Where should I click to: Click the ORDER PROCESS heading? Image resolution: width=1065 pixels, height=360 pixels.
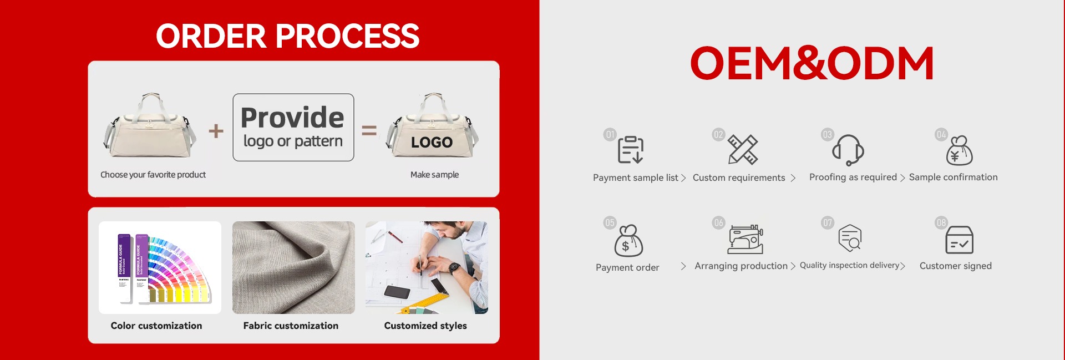tap(287, 36)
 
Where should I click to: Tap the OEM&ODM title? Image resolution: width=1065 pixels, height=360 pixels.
tap(812, 63)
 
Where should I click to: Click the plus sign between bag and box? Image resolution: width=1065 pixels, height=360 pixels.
tap(216, 131)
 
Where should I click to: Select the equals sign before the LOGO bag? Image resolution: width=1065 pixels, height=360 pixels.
tap(369, 130)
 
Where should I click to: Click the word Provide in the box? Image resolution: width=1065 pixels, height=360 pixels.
tap(292, 117)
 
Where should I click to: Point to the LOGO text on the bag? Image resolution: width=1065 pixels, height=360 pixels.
tap(432, 143)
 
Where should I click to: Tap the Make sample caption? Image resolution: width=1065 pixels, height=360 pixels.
tap(434, 175)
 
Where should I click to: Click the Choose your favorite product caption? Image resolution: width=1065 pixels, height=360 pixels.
tap(153, 175)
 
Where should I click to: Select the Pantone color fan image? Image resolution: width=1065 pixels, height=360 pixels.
tap(160, 267)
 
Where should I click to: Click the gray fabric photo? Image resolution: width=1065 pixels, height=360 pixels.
tap(293, 267)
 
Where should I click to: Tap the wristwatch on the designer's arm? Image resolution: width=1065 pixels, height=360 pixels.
tap(454, 268)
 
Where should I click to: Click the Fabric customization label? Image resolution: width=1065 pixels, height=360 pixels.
tap(291, 326)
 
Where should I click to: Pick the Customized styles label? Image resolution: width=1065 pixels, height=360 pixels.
tap(425, 326)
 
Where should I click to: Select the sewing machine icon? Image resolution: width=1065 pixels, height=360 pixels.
tap(745, 240)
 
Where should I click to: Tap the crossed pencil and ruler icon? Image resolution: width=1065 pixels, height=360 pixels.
tap(743, 150)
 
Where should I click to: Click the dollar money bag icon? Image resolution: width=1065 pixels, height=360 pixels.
tap(628, 241)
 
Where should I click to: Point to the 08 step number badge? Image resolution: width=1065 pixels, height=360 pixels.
tap(941, 223)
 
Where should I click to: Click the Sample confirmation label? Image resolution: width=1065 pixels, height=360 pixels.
tap(953, 178)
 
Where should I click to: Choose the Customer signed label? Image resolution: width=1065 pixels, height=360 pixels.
tap(956, 266)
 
